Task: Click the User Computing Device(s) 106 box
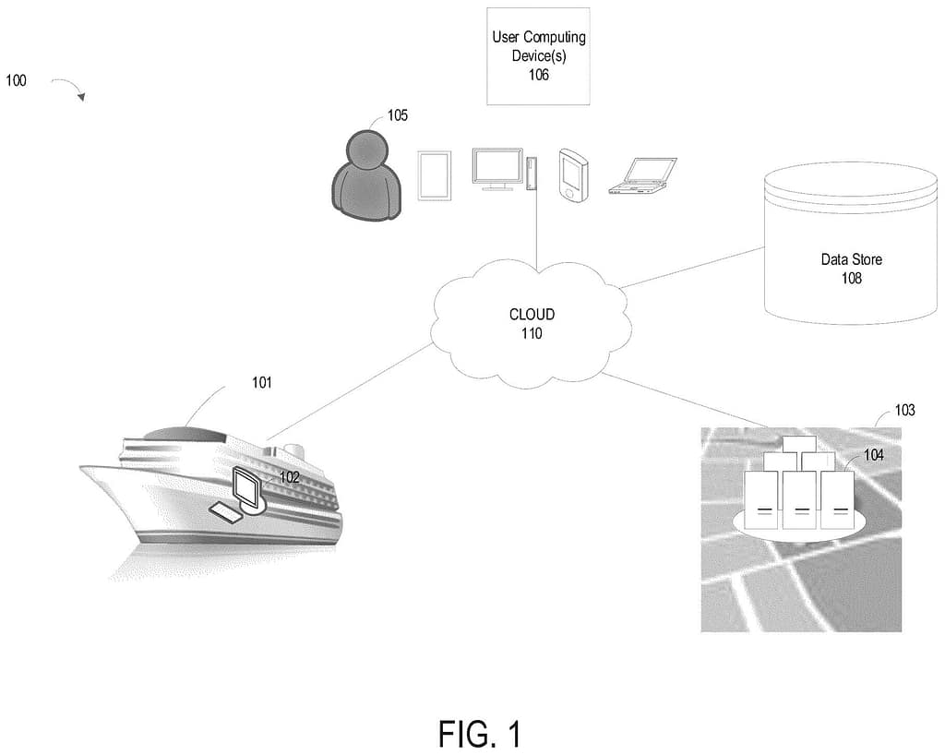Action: [538, 54]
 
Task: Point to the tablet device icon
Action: [434, 175]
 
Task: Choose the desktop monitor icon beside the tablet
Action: [496, 169]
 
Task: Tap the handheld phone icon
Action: [572, 176]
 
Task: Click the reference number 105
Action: [398, 115]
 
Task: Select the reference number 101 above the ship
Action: [262, 382]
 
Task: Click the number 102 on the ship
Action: [290, 477]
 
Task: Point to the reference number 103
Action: [904, 410]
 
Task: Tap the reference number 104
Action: [874, 455]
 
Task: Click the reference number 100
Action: [16, 81]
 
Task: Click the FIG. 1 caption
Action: [479, 734]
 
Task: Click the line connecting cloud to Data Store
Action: [692, 268]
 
